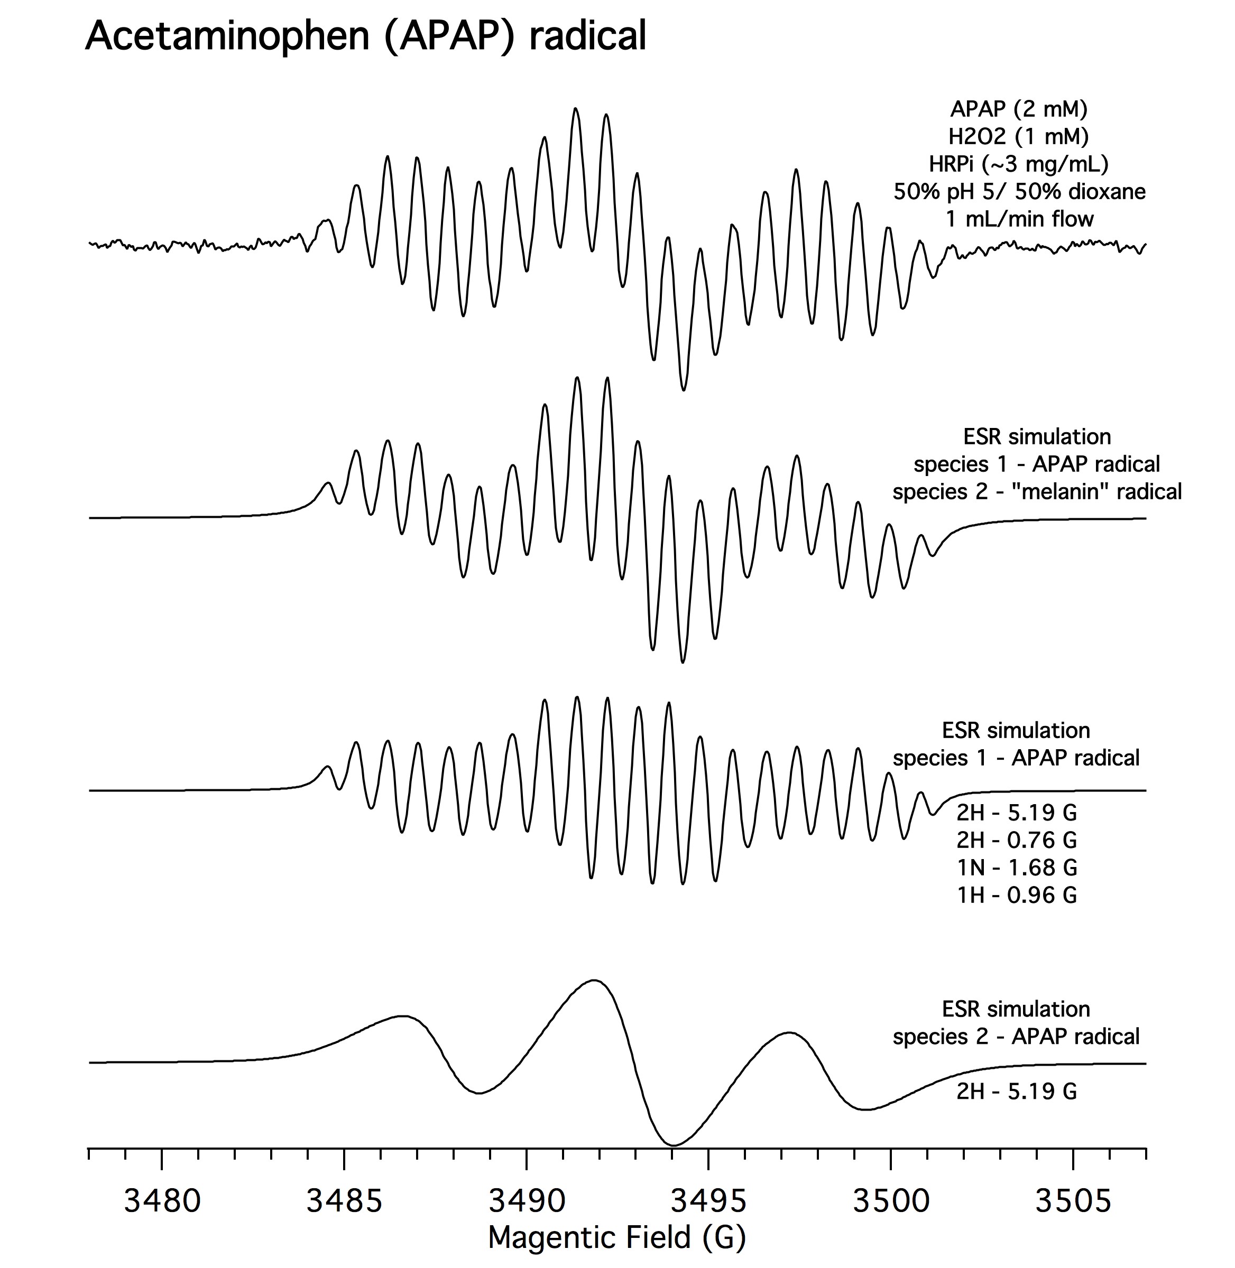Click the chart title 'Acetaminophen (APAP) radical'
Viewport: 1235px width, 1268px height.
tap(366, 35)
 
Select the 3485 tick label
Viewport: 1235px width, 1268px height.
tap(344, 1200)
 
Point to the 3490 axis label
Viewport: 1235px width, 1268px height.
tap(527, 1200)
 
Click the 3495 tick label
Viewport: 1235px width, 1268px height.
tap(708, 1200)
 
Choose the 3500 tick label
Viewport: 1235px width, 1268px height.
tap(891, 1200)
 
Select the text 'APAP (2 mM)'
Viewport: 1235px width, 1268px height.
tap(1019, 108)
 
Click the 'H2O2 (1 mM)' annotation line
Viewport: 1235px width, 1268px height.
tap(1019, 136)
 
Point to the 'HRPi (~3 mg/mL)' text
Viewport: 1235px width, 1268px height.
tap(1019, 164)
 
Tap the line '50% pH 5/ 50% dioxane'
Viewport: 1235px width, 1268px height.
tap(1019, 192)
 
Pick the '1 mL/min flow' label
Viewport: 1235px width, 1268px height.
tap(1019, 219)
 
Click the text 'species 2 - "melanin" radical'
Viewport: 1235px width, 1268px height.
tap(1037, 491)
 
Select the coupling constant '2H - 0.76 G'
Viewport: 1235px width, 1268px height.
tap(1017, 840)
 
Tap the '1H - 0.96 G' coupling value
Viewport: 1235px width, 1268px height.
tap(1017, 894)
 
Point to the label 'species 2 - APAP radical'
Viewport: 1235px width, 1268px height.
tap(1016, 1036)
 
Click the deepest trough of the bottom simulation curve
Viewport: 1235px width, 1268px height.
tap(674, 1145)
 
